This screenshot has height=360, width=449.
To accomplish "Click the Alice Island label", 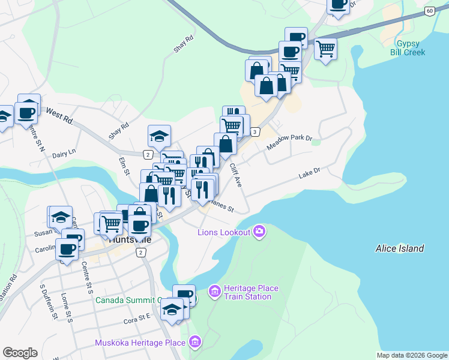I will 399,248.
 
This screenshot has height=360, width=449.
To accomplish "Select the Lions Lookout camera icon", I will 259,232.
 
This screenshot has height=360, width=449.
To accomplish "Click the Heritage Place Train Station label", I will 251,292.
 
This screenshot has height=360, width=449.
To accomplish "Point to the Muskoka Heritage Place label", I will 140,343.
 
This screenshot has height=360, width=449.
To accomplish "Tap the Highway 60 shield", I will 429,11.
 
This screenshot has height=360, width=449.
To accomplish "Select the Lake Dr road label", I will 310,174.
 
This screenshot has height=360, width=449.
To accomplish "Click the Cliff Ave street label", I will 235,174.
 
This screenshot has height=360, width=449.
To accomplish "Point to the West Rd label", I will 59,116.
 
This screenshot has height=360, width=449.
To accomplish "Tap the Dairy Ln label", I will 64,153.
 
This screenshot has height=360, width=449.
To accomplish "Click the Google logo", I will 20,353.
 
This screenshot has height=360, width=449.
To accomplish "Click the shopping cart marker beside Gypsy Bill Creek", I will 325,49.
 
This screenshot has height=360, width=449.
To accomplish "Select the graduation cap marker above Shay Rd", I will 160,137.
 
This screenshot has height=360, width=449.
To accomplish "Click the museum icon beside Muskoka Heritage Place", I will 194,343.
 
